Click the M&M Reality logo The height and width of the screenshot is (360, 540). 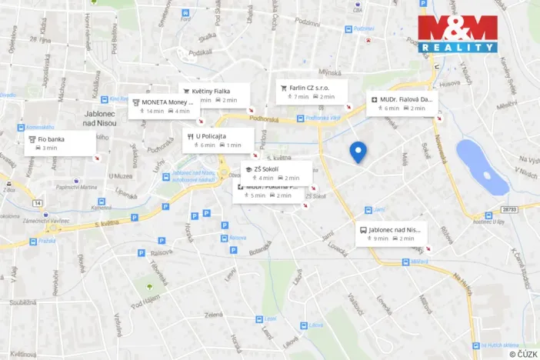pyautogui.click(x=458, y=34)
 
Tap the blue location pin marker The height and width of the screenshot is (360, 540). pyautogui.click(x=358, y=152)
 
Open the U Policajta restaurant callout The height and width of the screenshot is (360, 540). pyautogui.click(x=218, y=140)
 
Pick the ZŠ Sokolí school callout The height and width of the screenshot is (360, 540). pyautogui.click(x=276, y=172)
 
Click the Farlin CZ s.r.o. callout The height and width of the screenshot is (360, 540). pyautogui.click(x=312, y=92)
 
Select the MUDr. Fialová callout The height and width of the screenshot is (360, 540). pyautogui.click(x=402, y=103)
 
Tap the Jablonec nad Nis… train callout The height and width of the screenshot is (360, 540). pyautogui.click(x=391, y=233)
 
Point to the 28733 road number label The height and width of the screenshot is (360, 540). pyautogui.click(x=508, y=208)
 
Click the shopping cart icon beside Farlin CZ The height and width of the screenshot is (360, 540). pyautogui.click(x=284, y=88)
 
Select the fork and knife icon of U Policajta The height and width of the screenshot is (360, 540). pyautogui.click(x=190, y=136)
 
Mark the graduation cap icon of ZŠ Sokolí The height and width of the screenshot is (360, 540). pyautogui.click(x=248, y=168)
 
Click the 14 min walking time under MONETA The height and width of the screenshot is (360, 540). pyautogui.click(x=152, y=112)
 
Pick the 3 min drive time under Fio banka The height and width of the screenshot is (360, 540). pyautogui.click(x=48, y=148)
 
